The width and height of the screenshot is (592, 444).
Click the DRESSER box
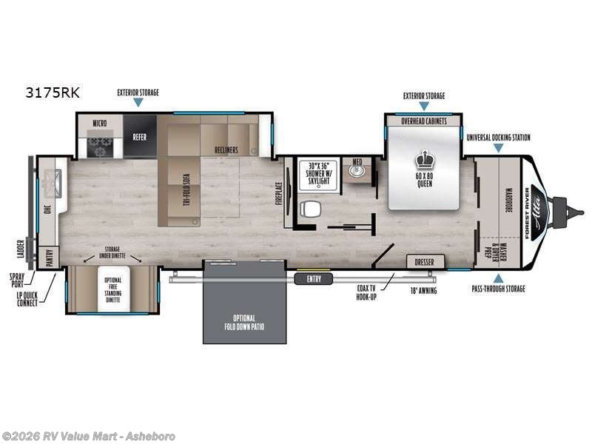425,261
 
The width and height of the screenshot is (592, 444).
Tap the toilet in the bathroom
310,209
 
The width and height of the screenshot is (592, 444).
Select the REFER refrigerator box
140,136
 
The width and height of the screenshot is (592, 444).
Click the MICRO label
101,121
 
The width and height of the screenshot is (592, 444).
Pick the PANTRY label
50,258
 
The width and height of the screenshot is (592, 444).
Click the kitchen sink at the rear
51,178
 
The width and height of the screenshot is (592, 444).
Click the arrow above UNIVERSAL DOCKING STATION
498,148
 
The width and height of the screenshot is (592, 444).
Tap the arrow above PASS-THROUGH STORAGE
497,277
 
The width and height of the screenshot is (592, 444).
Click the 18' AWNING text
422,291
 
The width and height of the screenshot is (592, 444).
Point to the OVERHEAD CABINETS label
424,121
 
